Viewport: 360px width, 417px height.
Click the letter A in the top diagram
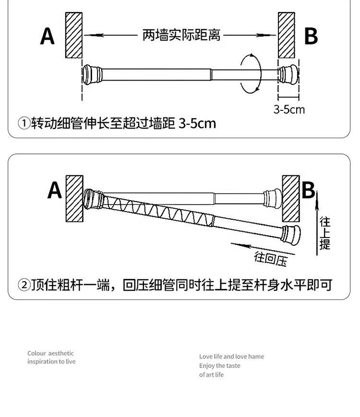(48, 36)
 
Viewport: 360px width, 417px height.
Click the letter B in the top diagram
(311, 36)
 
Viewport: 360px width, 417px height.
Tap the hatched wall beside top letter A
(74, 35)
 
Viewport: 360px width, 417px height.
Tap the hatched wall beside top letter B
(286, 35)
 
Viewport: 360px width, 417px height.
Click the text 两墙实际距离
(181, 35)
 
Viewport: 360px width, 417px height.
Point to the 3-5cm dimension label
(289, 109)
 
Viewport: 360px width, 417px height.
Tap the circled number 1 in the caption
(24, 124)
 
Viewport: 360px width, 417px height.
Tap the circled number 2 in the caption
(24, 286)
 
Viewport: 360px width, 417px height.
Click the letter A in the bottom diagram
(55, 191)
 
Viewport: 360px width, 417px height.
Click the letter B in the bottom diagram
(308, 191)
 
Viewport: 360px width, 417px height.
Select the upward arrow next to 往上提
(316, 226)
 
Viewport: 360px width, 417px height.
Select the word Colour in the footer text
(36, 353)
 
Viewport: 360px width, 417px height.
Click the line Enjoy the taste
(220, 366)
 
